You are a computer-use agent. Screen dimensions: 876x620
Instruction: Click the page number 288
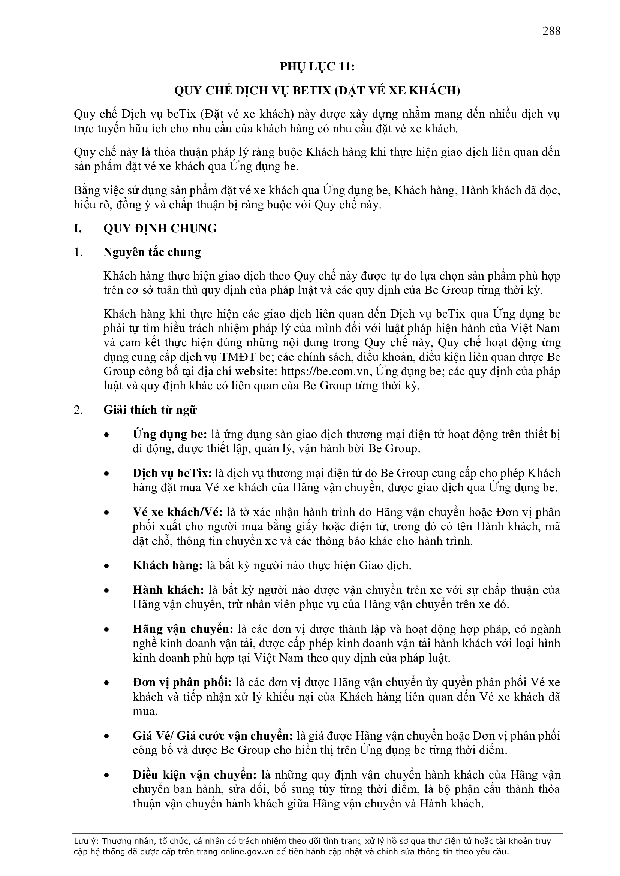point(551,30)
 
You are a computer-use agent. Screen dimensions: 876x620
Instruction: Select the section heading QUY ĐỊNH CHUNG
point(160,229)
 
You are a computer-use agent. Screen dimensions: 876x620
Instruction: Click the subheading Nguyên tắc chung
point(152,252)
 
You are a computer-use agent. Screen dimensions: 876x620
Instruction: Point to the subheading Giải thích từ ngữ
point(150,410)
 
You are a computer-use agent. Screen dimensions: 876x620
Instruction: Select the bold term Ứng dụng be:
point(170,434)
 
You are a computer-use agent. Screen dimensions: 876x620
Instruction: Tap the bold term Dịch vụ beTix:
point(172,473)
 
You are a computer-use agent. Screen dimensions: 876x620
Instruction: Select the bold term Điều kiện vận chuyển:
point(195,774)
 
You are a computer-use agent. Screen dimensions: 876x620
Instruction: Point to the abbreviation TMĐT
point(234,357)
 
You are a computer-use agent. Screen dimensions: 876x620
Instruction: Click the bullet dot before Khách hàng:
point(107,566)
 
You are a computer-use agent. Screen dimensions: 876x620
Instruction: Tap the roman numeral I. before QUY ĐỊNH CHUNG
point(78,229)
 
